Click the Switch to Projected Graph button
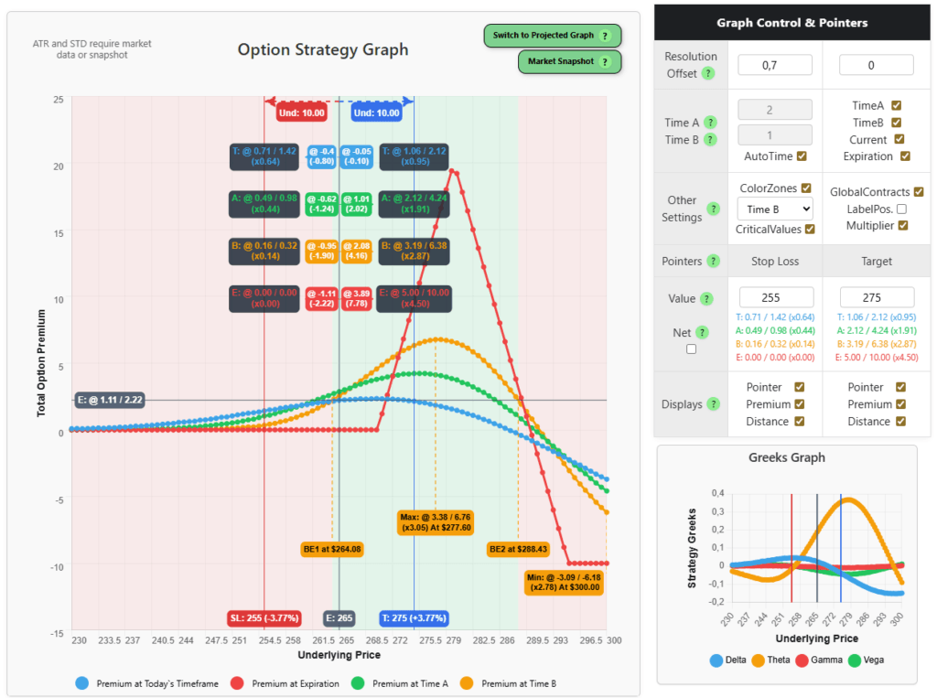(552, 36)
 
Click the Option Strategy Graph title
(323, 49)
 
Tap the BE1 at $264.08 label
(332, 549)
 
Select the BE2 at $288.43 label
(517, 549)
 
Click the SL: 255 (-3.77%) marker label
(264, 617)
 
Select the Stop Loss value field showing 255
(775, 297)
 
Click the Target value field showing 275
(876, 297)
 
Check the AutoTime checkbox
(802, 156)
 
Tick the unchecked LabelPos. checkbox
(900, 209)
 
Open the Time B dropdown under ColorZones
(775, 209)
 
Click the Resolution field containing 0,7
(775, 65)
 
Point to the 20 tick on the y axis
(59, 166)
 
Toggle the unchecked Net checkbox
(691, 349)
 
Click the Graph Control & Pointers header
(792, 22)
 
